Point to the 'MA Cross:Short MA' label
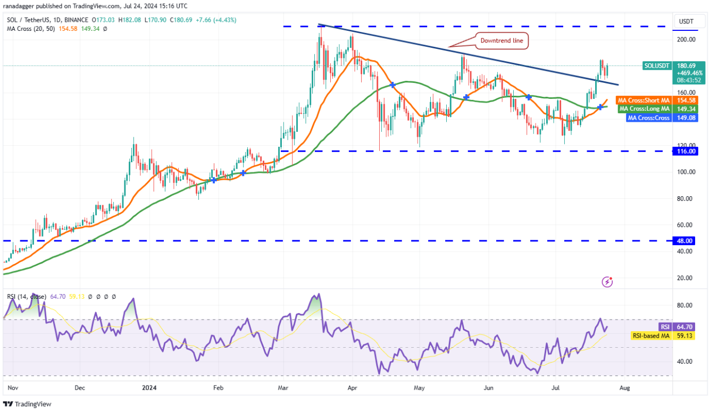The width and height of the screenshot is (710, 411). pyautogui.click(x=644, y=100)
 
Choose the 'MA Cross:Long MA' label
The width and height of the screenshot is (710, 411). pyautogui.click(x=644, y=109)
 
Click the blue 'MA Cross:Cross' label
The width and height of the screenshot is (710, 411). pyautogui.click(x=649, y=118)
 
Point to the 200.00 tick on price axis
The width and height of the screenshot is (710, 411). pyautogui.click(x=685, y=39)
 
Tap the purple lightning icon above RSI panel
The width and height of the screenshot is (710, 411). pyautogui.click(x=607, y=282)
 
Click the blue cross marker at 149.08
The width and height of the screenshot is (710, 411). pyautogui.click(x=600, y=107)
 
